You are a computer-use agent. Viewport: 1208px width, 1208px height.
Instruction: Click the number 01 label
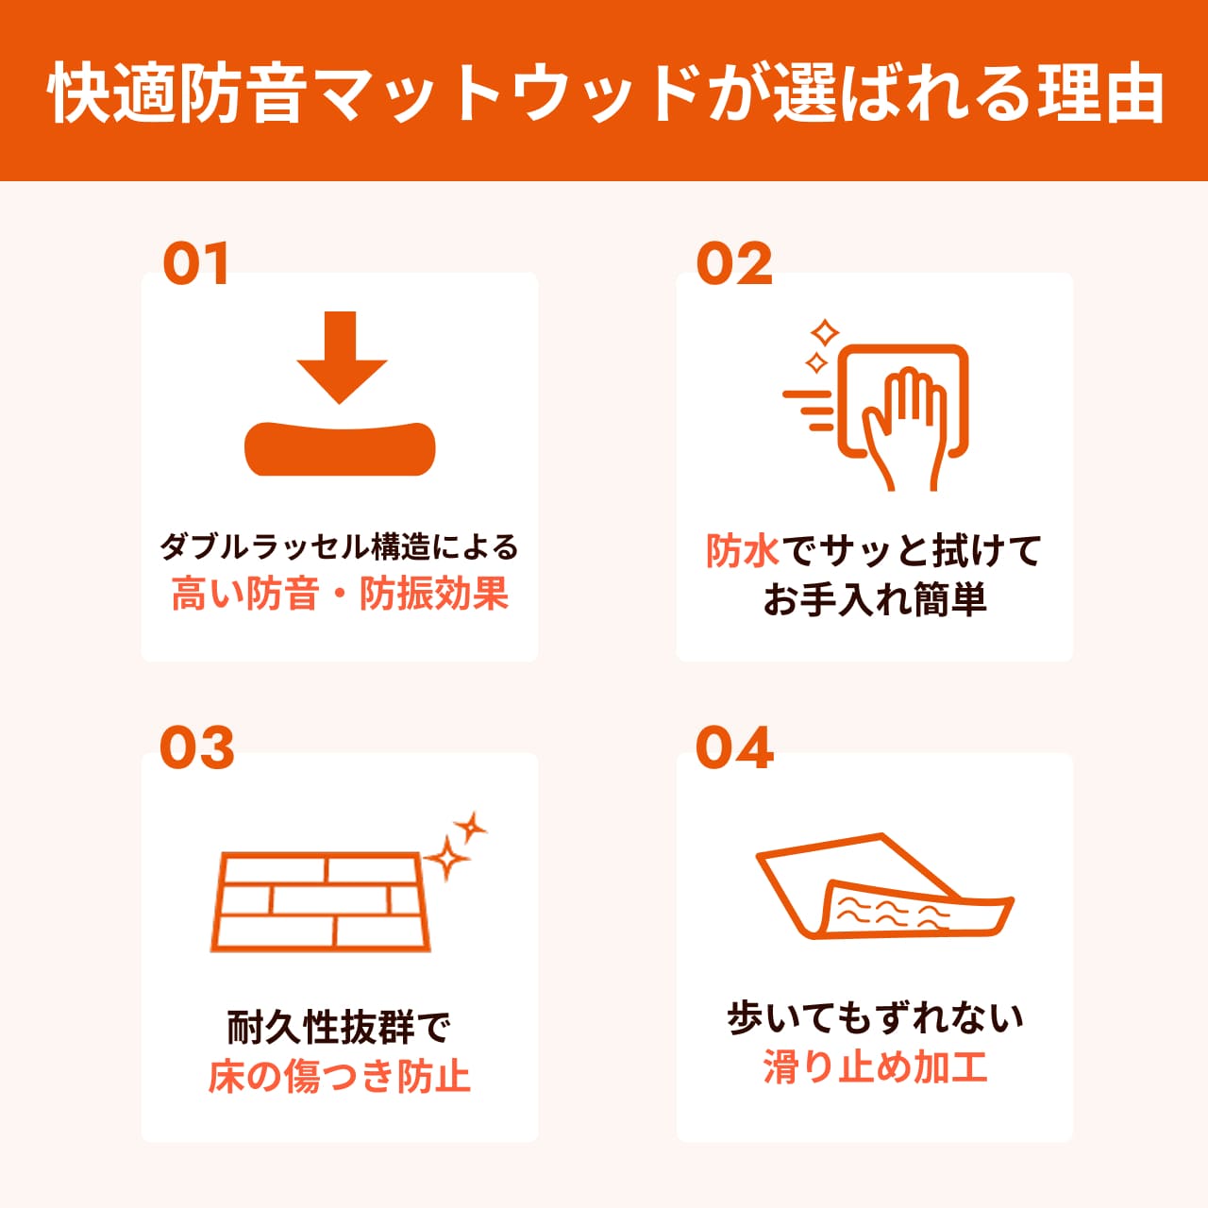[196, 264]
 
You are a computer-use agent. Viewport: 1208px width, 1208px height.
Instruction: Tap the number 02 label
[734, 264]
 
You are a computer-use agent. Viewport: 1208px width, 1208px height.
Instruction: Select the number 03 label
[196, 748]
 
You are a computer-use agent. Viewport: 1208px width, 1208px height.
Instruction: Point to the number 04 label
[734, 748]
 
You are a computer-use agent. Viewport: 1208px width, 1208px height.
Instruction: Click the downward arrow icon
[341, 356]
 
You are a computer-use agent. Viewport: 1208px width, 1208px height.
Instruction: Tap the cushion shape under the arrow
[341, 448]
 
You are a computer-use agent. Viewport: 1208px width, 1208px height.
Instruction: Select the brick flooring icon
[321, 901]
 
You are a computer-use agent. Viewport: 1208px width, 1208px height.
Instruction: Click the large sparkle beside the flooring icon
[445, 859]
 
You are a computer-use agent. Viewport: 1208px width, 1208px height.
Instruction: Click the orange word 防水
[742, 551]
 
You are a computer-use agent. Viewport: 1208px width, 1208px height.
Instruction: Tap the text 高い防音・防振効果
[340, 594]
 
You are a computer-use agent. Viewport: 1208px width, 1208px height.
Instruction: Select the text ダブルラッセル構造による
[340, 546]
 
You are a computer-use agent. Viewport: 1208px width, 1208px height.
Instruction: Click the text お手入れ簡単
[875, 599]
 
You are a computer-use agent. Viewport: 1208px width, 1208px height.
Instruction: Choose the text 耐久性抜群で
[340, 1028]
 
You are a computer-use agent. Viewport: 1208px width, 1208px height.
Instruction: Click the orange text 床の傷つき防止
[340, 1076]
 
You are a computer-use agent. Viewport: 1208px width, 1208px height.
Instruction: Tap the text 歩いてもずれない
[875, 1019]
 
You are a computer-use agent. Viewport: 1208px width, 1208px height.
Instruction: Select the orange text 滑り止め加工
[875, 1067]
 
